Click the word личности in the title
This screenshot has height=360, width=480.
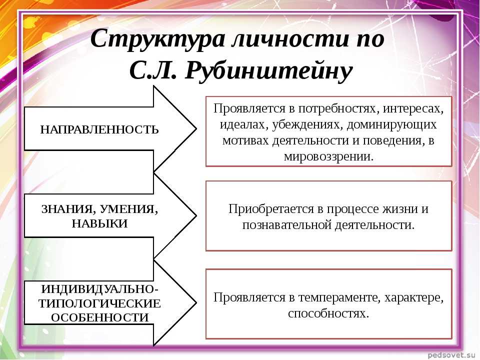(290, 39)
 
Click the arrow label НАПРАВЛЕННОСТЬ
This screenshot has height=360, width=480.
(99, 130)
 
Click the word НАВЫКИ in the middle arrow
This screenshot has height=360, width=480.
(99, 223)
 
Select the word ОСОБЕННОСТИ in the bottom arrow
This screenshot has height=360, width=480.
(100, 317)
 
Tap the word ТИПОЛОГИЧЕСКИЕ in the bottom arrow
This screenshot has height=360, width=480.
(99, 303)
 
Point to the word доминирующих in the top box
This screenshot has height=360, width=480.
(391, 124)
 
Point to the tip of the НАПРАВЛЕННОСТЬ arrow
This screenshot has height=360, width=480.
(196, 129)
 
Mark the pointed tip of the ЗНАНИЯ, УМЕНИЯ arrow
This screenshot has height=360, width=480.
(196, 215)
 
